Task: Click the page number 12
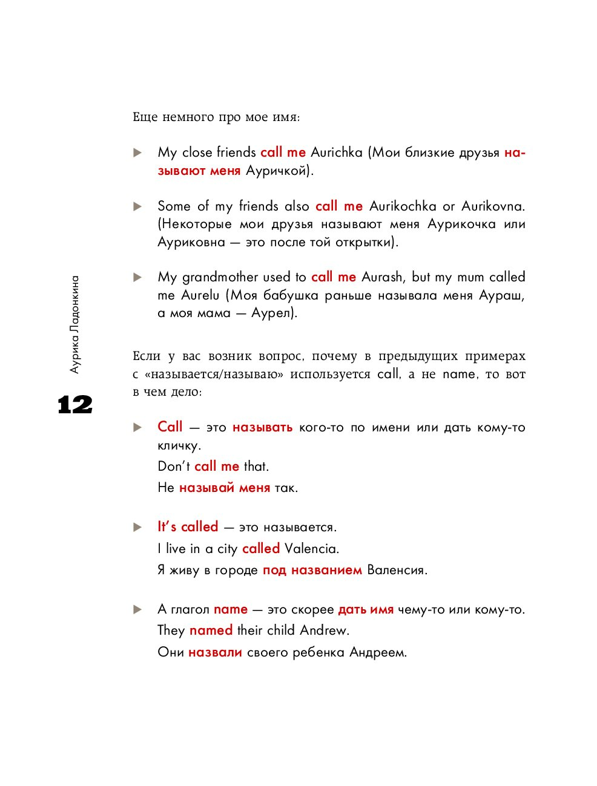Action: [x=75, y=405]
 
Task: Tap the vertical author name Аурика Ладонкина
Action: [x=74, y=324]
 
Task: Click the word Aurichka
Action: [x=336, y=152]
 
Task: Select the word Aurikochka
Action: [x=403, y=206]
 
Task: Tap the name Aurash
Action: [x=382, y=277]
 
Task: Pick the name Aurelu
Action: [x=200, y=295]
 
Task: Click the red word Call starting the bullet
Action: [x=170, y=427]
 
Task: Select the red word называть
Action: [x=262, y=428]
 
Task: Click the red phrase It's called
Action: [x=188, y=527]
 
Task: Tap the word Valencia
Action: [x=311, y=549]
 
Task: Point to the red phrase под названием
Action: [x=312, y=570]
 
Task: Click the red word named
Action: [x=211, y=630]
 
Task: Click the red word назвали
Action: [x=215, y=652]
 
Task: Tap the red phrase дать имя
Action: [x=366, y=609]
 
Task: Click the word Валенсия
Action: [x=397, y=570]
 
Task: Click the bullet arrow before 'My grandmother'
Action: [x=137, y=278]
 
